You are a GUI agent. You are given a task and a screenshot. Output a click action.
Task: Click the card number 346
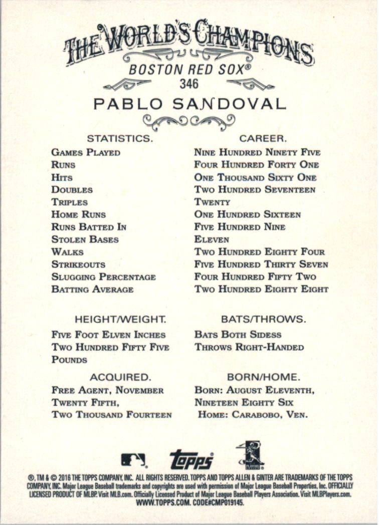pyautogui.click(x=189, y=83)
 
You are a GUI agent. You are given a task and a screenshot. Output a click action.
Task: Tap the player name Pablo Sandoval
pyautogui.click(x=189, y=104)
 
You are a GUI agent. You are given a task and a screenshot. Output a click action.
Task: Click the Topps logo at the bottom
pyautogui.click(x=192, y=458)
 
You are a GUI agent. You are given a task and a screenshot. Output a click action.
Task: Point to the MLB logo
pyautogui.click(x=133, y=459)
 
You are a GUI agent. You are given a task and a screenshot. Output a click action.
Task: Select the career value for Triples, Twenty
pyautogui.click(x=212, y=202)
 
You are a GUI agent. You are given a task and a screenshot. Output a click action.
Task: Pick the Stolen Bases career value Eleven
pyautogui.click(x=212, y=239)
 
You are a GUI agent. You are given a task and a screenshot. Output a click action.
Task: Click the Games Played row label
pyautogui.click(x=86, y=152)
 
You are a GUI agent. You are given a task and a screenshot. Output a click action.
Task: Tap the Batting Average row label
pyautogui.click(x=92, y=289)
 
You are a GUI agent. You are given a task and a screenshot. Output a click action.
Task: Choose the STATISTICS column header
pyautogui.click(x=119, y=138)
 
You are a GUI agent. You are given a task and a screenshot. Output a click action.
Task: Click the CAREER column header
pyautogui.click(x=263, y=138)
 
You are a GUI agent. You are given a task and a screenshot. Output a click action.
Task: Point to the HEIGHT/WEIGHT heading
pyautogui.click(x=120, y=319)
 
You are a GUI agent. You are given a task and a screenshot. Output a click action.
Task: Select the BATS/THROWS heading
pyautogui.click(x=263, y=319)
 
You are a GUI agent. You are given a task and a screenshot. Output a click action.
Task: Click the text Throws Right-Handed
pyautogui.click(x=249, y=347)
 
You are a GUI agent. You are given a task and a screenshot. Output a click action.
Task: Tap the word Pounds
pyautogui.click(x=69, y=360)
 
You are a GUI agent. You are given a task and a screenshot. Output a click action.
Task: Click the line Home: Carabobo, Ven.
pyautogui.click(x=253, y=415)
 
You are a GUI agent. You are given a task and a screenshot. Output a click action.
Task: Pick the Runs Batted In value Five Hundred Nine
pyautogui.click(x=240, y=227)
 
